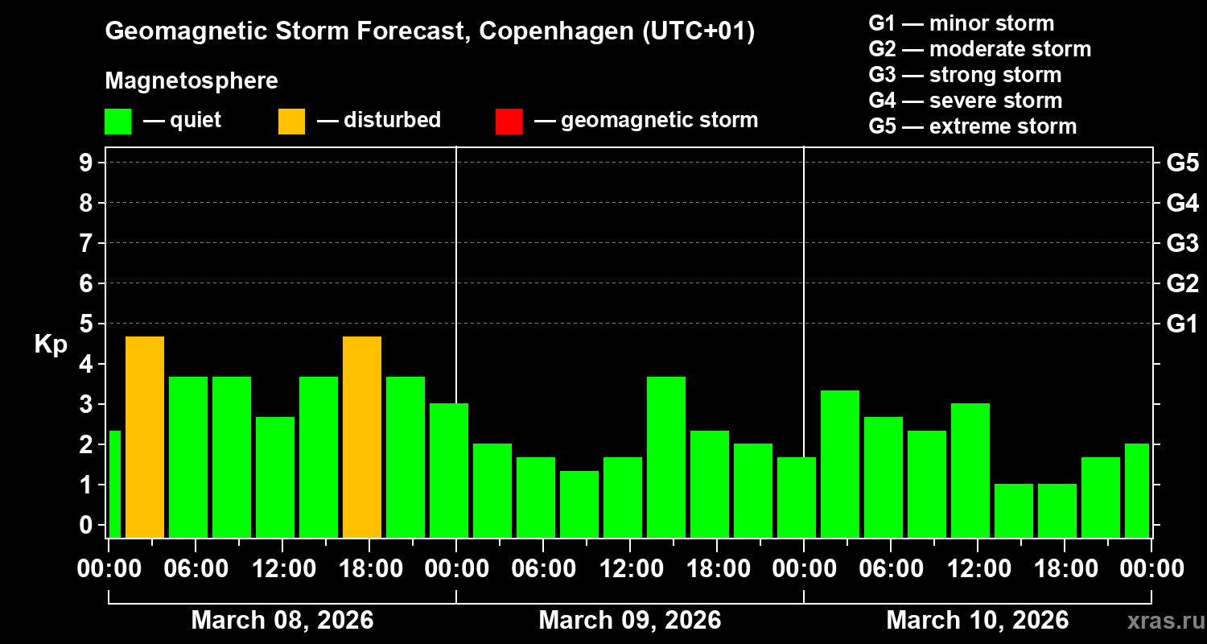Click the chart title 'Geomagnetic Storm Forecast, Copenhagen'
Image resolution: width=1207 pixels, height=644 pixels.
click(430, 32)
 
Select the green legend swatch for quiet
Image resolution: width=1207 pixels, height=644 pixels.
click(117, 121)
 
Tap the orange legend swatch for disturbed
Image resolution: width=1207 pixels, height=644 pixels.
click(291, 121)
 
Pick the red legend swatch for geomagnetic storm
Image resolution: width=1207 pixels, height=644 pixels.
click(509, 121)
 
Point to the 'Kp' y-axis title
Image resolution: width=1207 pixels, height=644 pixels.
click(50, 345)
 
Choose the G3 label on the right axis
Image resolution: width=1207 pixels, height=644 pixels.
click(1182, 243)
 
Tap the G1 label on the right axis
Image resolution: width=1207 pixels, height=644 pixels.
click(1182, 324)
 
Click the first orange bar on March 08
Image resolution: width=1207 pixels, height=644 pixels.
click(145, 437)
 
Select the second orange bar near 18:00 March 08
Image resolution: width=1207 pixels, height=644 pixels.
click(362, 437)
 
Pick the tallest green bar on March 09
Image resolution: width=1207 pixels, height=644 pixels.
click(666, 456)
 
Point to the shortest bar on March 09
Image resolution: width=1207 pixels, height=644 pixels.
click(579, 504)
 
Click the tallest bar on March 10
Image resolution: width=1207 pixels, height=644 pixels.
click(840, 464)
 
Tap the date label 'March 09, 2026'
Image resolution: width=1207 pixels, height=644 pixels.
click(629, 621)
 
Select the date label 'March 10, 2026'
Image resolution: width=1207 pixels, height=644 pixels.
click(977, 621)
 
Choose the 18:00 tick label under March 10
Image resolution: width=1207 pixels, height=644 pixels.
click(1064, 569)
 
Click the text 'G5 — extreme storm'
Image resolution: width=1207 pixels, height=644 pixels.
click(972, 126)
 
